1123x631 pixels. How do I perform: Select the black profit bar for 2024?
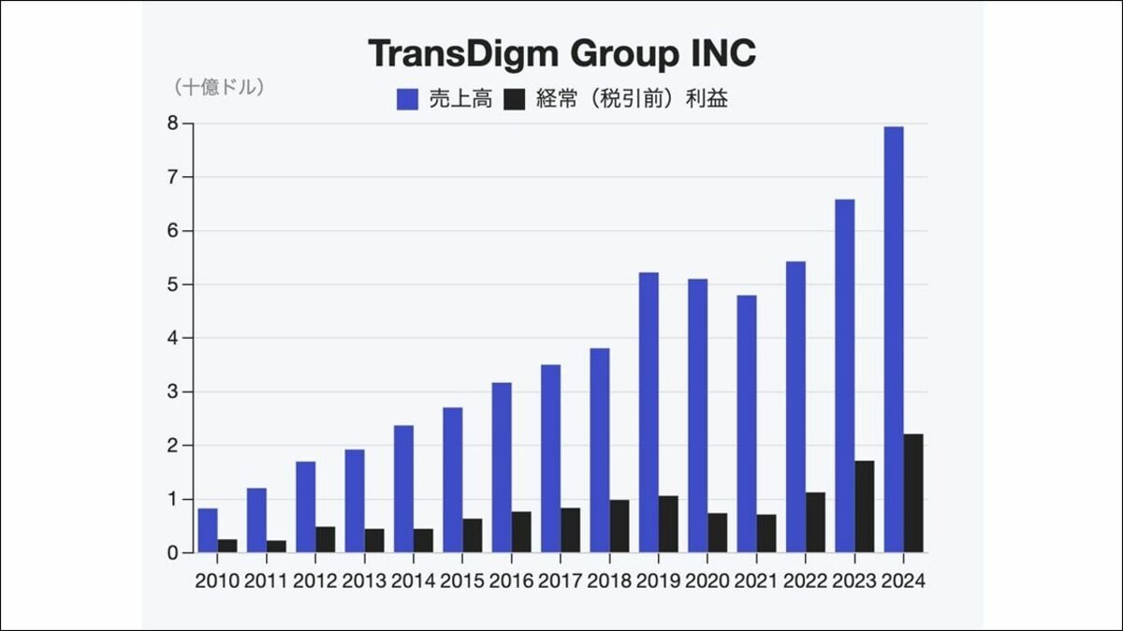tap(913, 492)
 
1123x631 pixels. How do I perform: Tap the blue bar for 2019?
tap(649, 412)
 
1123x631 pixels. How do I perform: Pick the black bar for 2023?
tap(865, 506)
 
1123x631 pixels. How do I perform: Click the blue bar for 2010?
tap(208, 530)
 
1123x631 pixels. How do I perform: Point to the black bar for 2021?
tap(766, 533)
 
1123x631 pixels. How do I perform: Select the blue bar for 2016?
tap(502, 467)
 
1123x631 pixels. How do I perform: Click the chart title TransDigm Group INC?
tap(561, 53)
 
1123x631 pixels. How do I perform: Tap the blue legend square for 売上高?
tap(407, 100)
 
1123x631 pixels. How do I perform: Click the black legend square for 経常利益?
tap(515, 100)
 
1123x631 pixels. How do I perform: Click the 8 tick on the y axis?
tap(173, 124)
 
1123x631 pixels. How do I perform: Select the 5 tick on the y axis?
tap(173, 285)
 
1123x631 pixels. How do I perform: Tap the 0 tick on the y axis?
tap(173, 552)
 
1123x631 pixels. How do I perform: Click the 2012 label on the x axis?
tap(315, 580)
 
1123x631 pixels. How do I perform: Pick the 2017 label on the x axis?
tap(560, 580)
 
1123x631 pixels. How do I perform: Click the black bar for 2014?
tap(424, 540)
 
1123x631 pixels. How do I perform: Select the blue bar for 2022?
tap(795, 406)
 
